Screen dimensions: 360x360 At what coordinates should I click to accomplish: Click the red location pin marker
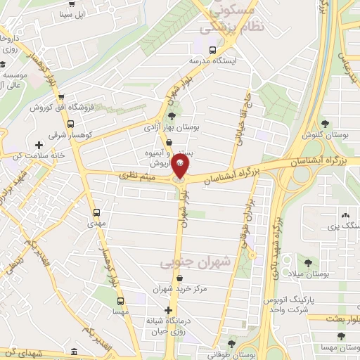pyautogui.click(x=180, y=167)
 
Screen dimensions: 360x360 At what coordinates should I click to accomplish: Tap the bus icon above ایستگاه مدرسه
pyautogui.click(x=212, y=50)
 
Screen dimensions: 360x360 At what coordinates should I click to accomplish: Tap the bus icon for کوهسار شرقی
pyautogui.click(x=57, y=121)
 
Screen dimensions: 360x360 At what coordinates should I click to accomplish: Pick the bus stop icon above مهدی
pyautogui.click(x=96, y=212)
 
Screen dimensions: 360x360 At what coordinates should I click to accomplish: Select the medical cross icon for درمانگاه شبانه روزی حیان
pyautogui.click(x=167, y=310)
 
